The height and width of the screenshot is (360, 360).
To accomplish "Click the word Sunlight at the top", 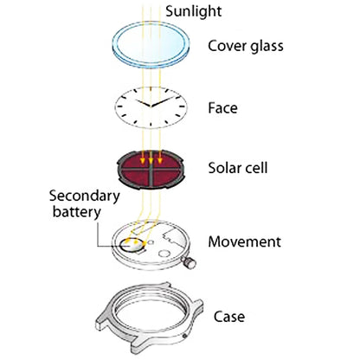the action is click(194, 11).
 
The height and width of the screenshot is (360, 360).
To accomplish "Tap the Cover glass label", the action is click(246, 47).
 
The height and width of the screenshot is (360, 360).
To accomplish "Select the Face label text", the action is click(223, 108).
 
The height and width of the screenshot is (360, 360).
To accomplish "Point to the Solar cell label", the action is click(238, 168).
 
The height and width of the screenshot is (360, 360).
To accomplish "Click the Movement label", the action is click(244, 241).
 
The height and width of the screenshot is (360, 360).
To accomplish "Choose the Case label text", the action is click(229, 317).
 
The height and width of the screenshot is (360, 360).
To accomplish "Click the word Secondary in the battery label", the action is click(85, 196).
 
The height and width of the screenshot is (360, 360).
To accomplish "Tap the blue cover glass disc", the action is click(151, 44).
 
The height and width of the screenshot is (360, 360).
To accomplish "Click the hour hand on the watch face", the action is click(144, 104).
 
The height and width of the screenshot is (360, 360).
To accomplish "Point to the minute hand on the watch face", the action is click(163, 101).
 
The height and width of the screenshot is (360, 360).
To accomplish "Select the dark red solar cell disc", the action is click(150, 170).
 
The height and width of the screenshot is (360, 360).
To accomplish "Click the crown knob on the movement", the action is click(189, 262).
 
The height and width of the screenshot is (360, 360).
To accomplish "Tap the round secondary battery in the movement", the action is click(132, 245).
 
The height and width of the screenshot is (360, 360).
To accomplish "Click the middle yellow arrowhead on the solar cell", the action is click(151, 161).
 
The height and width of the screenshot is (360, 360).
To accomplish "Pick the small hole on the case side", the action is click(184, 336).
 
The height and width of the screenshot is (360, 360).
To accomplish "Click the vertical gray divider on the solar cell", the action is click(151, 173).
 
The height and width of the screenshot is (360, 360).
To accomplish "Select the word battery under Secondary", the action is click(76, 212).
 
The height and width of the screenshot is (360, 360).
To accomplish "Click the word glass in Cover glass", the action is click(267, 47).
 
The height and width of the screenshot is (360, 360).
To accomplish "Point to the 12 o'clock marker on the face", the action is click(151, 89).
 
